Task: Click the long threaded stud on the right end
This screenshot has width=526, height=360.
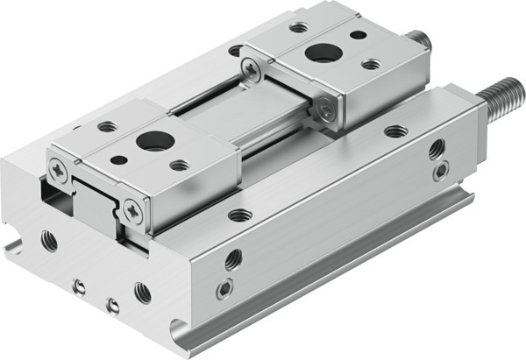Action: pos(501,96)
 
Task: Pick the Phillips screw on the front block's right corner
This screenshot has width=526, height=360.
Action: pos(132,208)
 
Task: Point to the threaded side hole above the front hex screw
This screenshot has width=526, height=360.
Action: pos(232,259)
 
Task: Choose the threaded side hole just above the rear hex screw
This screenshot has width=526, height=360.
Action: pos(436,147)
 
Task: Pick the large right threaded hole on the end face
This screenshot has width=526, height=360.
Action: pos(142,292)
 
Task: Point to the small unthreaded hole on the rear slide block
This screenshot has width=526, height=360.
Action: pos(358,36)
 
